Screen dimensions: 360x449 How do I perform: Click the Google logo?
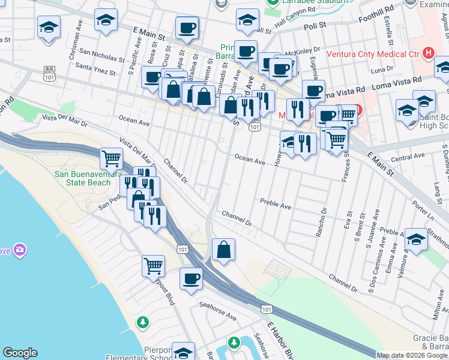[20, 353]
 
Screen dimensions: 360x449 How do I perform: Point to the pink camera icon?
[20, 249]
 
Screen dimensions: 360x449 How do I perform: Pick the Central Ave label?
[403, 158]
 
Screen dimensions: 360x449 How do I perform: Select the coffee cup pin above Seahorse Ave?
[191, 278]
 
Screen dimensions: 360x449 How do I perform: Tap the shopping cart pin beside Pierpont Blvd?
[153, 265]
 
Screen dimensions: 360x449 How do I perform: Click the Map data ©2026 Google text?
[412, 355]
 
